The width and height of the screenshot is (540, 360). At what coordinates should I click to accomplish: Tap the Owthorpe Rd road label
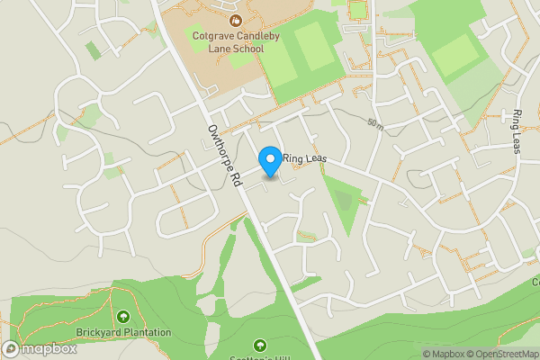point(224,155)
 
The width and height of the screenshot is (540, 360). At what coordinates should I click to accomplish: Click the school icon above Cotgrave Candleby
point(235,18)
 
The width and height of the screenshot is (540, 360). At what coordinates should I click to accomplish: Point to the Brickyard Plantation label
point(123,332)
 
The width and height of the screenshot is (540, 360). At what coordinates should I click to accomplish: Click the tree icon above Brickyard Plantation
point(123,316)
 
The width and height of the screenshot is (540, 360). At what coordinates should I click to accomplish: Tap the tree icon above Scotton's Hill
point(260,345)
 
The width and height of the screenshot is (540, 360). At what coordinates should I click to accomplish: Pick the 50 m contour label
point(375,123)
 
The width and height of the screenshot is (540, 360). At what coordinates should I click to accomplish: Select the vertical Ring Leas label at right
point(517,132)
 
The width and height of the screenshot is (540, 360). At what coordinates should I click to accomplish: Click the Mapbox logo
point(39,348)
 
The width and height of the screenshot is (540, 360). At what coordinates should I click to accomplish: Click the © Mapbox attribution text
point(443,354)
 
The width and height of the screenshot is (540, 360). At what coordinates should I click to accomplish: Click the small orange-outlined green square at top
point(358,11)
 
